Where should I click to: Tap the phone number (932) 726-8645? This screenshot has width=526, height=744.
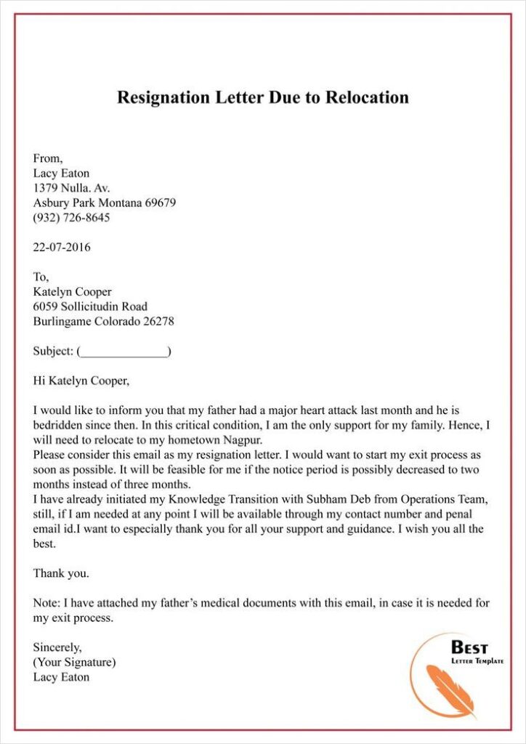pyautogui.click(x=71, y=217)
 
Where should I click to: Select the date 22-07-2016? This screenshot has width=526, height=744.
pyautogui.click(x=62, y=247)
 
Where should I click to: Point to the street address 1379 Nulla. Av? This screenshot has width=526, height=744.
pyautogui.click(x=71, y=188)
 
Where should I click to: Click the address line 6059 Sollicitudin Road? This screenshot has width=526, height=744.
pyautogui.click(x=90, y=307)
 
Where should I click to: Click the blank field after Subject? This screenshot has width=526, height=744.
pyautogui.click(x=124, y=352)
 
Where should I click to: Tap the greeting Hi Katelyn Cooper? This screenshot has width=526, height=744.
pyautogui.click(x=80, y=380)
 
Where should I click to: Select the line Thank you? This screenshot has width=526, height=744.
pyautogui.click(x=61, y=573)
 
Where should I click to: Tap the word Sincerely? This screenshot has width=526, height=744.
pyautogui.click(x=57, y=647)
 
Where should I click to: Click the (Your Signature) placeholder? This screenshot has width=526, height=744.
pyautogui.click(x=74, y=662)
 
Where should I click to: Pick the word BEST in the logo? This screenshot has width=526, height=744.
pyautogui.click(x=470, y=647)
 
